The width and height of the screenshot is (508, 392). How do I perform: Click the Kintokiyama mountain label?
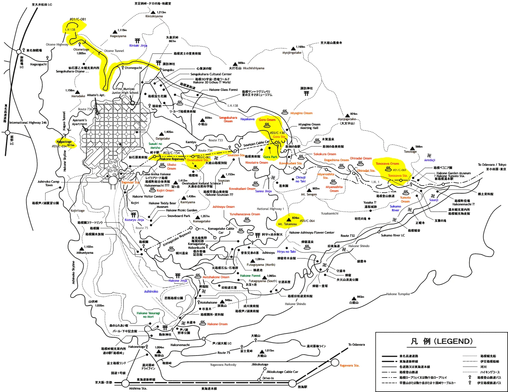coord(154,16)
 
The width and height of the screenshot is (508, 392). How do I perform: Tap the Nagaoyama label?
coord(118,36)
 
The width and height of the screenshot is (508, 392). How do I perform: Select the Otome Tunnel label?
coord(114,51)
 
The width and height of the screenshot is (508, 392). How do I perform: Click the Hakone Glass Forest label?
coord(223,90)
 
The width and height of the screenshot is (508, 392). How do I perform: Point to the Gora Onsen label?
coord(267,120)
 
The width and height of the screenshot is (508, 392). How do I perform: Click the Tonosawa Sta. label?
coord(398,176)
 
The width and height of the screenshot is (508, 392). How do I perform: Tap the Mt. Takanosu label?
coord(288,224)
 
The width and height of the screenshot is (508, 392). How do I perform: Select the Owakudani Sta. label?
coord(198,160)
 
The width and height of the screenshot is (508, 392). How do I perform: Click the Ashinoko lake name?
coord(151,292)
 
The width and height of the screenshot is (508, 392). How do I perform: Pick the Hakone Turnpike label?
coord(398,294)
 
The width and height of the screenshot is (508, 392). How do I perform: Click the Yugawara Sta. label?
coord(349,365)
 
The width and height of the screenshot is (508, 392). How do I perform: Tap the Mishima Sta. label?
coord(138,388)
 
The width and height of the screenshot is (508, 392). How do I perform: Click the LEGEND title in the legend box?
coord(441,341)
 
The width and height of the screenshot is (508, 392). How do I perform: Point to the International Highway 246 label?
coord(28,123)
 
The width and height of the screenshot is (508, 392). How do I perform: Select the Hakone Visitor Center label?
coord(148,197)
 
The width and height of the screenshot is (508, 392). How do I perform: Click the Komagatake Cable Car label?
coord(221,230)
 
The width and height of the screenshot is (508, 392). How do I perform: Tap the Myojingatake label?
coord(292,53)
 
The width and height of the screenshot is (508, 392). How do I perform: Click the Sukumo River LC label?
coord(393,235)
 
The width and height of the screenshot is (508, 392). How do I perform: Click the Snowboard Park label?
coord(179,216)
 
